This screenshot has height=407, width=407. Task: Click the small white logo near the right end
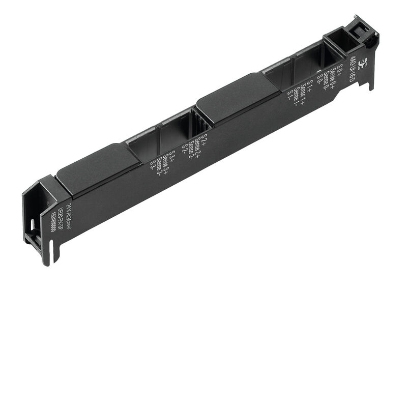click(362, 65)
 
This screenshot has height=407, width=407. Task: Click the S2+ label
click(204, 139)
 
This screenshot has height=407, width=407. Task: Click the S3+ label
click(172, 155)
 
